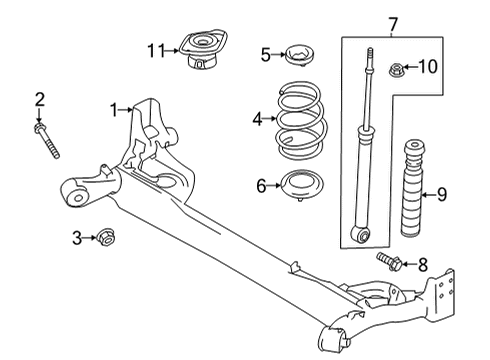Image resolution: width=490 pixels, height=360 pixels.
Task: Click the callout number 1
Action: click(x=115, y=109)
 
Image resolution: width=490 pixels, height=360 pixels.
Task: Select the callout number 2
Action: click(x=41, y=98)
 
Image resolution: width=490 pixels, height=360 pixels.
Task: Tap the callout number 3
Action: click(x=76, y=237)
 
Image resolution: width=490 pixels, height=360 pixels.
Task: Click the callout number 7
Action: click(x=367, y=22)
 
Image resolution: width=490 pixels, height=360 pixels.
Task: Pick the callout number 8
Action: click(x=423, y=265)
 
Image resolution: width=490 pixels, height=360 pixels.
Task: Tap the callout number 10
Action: click(x=429, y=68)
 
